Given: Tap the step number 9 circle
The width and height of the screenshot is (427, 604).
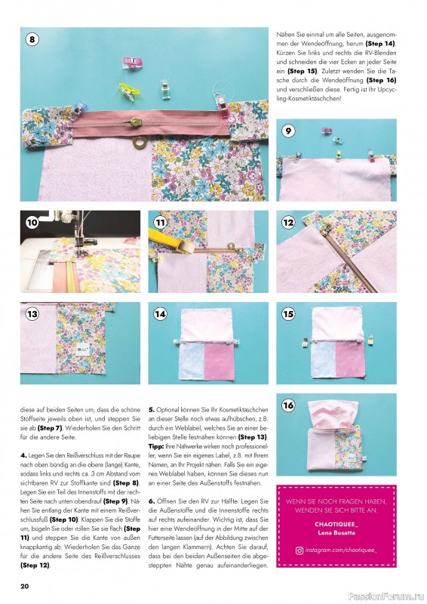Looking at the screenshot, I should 289,130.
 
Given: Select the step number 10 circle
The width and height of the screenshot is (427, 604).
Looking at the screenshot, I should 32,223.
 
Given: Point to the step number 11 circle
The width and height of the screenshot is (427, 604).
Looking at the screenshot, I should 161,223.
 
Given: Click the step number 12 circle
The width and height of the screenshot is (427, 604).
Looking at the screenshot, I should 288,223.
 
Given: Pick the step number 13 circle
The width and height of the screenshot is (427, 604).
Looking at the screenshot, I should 32,314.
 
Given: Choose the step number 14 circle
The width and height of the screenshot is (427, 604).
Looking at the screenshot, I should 161,314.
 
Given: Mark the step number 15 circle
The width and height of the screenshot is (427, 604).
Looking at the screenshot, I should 288,314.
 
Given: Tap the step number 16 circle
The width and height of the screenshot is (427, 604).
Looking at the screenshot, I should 288,405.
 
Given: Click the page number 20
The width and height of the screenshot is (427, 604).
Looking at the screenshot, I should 25,586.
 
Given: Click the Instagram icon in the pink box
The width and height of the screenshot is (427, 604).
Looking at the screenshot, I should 299,551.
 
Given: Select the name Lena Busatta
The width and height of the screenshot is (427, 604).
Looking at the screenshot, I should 336,532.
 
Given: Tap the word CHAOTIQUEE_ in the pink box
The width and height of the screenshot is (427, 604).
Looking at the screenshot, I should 336,522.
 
